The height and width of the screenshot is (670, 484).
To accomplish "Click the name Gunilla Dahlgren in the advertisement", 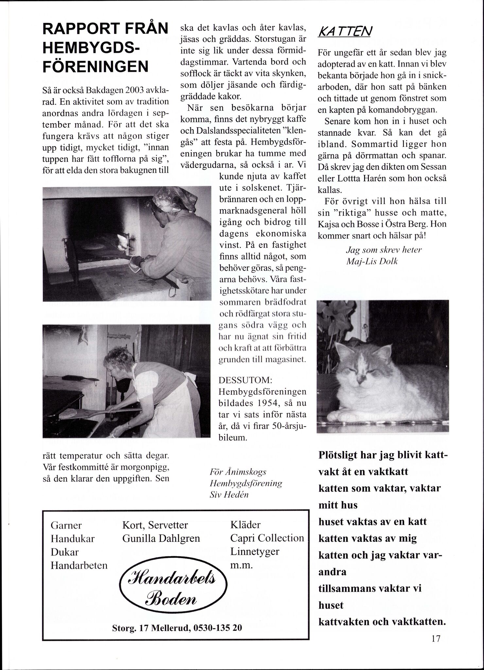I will [161, 538].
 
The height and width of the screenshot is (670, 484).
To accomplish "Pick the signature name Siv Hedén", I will [229, 494].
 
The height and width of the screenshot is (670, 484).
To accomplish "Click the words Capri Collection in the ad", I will [267, 538].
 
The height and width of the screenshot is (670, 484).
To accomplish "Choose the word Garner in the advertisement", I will [66, 525].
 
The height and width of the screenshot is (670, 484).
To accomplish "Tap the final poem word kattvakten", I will [343, 622].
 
